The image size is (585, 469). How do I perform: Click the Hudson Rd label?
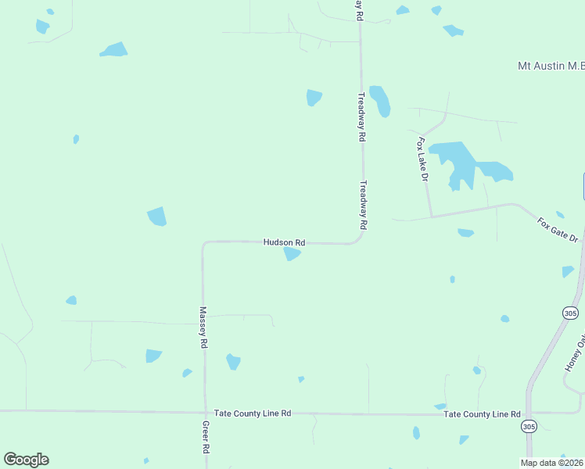[284, 242]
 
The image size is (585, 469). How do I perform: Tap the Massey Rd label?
[203, 327]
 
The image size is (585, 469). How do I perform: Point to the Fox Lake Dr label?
[423, 159]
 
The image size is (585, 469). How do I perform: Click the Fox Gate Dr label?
[557, 230]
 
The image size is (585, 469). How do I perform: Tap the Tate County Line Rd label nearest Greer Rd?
[253, 413]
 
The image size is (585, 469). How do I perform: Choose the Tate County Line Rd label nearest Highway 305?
[482, 414]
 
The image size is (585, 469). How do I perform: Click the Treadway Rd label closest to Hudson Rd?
[363, 205]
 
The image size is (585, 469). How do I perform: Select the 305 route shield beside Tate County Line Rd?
[529, 426]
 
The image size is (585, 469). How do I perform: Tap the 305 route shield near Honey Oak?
[570, 313]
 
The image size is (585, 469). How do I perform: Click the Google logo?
[27, 460]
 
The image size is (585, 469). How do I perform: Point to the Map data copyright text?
[551, 463]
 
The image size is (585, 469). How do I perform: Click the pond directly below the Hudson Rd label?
[292, 254]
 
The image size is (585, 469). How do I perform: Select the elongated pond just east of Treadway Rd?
[380, 100]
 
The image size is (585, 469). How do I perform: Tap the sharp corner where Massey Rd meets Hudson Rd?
[203, 244]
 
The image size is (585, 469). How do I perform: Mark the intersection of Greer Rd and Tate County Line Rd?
[205, 412]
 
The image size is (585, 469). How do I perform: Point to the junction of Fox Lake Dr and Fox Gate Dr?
[431, 216]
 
